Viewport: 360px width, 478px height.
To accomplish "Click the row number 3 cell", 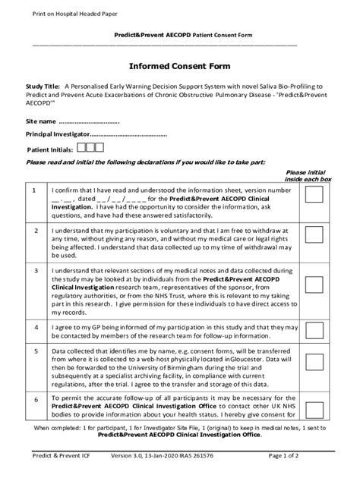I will click(x=36, y=269).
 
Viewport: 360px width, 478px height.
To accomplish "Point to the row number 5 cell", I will click(x=36, y=351).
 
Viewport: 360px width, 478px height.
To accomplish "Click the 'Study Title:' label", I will click(x=44, y=86).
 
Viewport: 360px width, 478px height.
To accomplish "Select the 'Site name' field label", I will click(x=41, y=121).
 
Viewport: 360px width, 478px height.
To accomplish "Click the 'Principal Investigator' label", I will click(x=58, y=134).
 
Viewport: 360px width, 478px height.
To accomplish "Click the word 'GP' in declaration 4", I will click(x=84, y=325).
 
